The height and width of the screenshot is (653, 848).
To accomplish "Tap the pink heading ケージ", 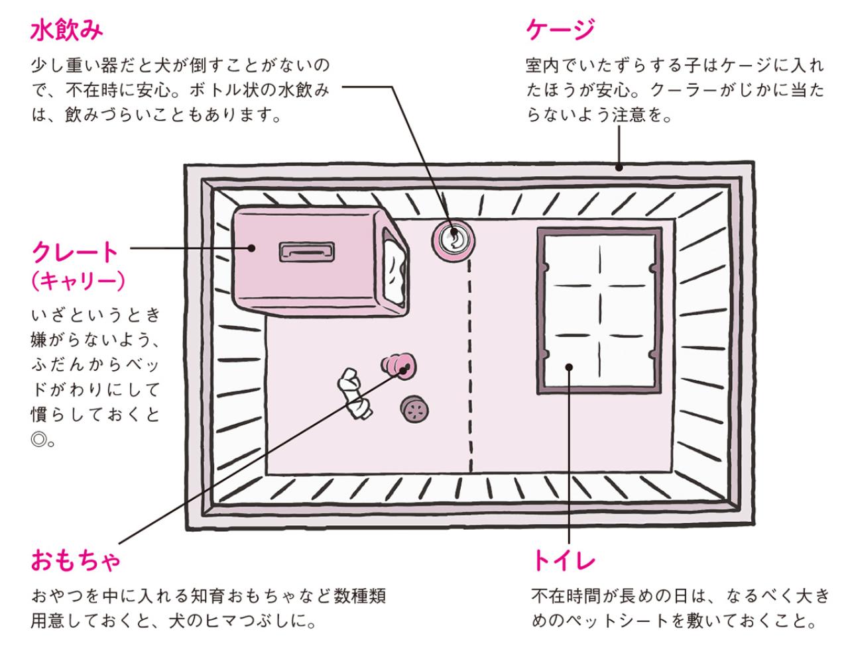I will click(x=560, y=30).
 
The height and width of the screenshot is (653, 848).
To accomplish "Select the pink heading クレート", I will click(x=75, y=252).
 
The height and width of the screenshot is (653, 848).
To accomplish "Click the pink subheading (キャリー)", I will click(x=78, y=281).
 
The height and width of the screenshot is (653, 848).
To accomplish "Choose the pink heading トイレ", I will click(x=564, y=562).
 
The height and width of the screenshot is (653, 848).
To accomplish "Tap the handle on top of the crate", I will click(x=306, y=252).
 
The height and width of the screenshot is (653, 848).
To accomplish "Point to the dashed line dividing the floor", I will click(x=471, y=364).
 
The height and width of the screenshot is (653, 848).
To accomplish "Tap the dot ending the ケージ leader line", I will click(x=619, y=168).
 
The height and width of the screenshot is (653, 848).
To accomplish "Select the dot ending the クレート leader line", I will click(x=252, y=248).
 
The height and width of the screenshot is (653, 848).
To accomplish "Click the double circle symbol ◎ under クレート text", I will click(x=39, y=438).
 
